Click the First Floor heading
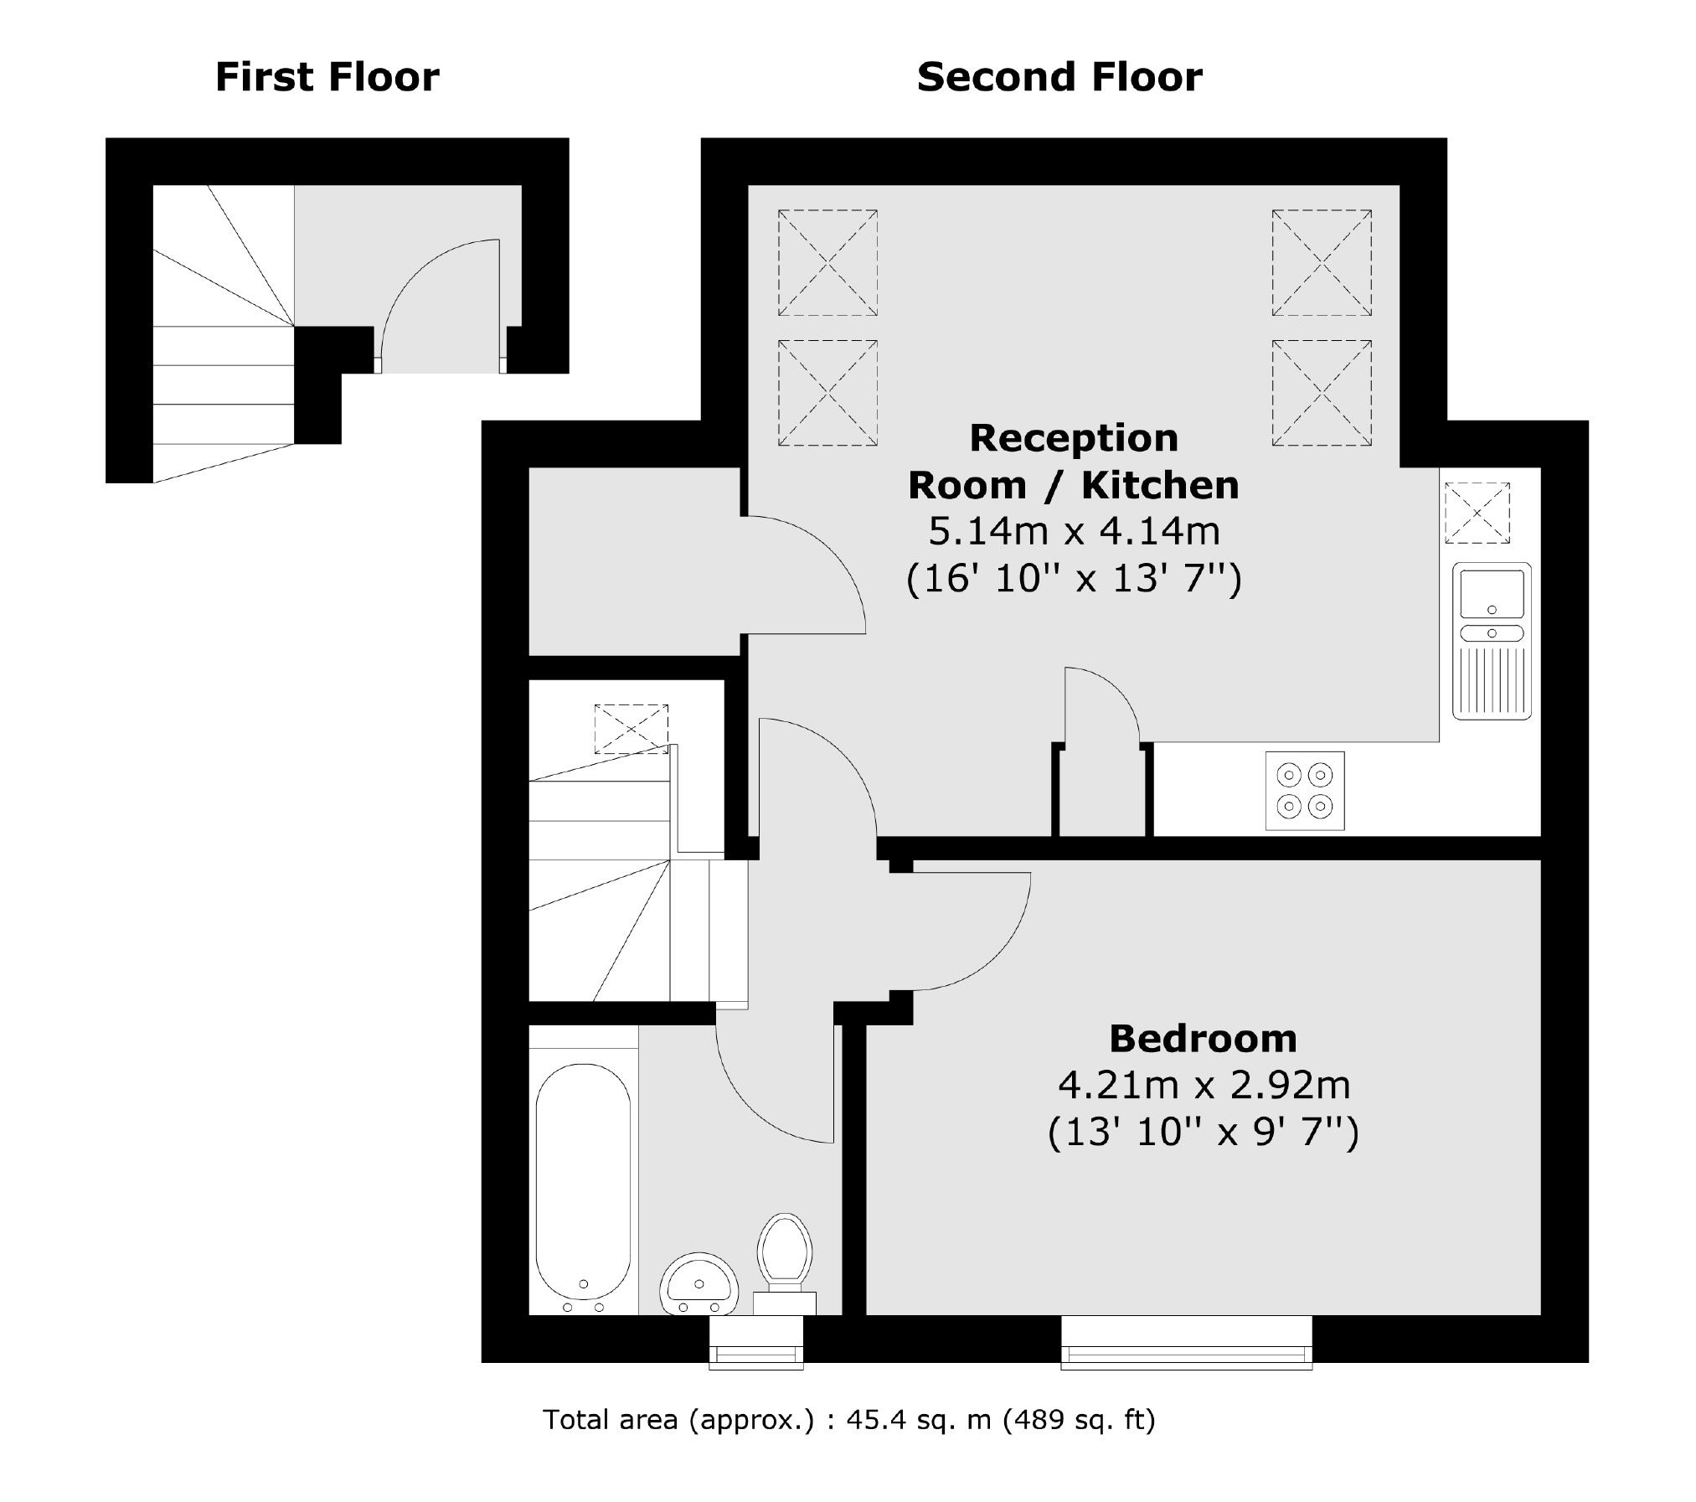point(327,77)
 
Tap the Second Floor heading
point(1059,77)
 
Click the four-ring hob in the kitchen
point(1304,791)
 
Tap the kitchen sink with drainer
point(1492,640)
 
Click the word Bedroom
point(1203,1039)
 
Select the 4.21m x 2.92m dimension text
point(1204,1086)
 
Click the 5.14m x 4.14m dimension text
point(1074,531)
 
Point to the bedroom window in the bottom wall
point(1186,1355)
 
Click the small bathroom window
point(755,1355)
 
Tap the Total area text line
point(848,1419)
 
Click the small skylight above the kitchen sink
point(1477,513)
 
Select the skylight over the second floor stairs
point(631,729)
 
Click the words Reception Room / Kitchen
point(1074,462)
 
